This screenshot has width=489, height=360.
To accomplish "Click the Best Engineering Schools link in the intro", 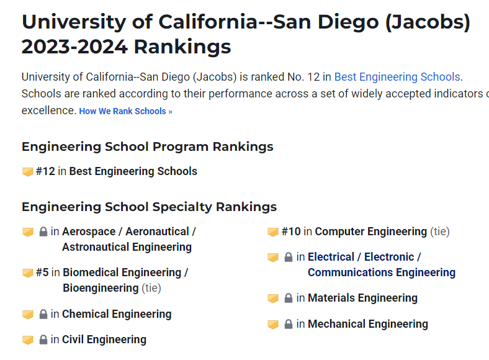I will (397, 77).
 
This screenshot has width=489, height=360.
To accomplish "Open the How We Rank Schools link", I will (125, 112).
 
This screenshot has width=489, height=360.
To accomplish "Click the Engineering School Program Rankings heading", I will (147, 147).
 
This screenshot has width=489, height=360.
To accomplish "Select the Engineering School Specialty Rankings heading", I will (149, 207).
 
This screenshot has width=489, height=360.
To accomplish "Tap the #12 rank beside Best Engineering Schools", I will (45, 171).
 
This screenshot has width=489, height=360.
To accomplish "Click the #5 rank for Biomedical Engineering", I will (42, 272).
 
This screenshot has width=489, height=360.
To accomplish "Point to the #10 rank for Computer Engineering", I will (291, 232).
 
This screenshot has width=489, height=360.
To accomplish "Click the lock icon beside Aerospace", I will (43, 232).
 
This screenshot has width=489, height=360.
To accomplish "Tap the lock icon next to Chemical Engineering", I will (43, 315).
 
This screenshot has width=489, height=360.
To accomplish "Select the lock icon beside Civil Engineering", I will (43, 340).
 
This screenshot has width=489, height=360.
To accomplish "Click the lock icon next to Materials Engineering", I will (289, 299).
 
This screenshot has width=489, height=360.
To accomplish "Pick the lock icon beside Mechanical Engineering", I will (289, 325).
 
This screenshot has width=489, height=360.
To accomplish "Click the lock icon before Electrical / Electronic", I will (289, 258).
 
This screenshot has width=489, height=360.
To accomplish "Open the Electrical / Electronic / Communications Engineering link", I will (381, 265).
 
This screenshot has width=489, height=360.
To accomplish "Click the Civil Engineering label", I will (104, 340).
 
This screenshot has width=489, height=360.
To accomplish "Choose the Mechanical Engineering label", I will (367, 324).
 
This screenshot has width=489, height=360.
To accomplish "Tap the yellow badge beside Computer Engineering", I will (272, 232).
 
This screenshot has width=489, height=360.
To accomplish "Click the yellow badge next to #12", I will (27, 172).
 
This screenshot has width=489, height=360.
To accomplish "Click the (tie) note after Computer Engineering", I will (439, 232).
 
